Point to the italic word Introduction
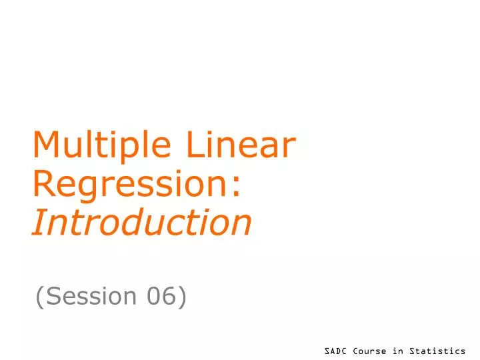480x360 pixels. (142, 222)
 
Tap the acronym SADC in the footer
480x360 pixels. (336, 351)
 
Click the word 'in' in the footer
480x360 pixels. (398, 351)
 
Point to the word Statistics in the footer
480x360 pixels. (437, 351)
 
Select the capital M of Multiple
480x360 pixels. (46, 146)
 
